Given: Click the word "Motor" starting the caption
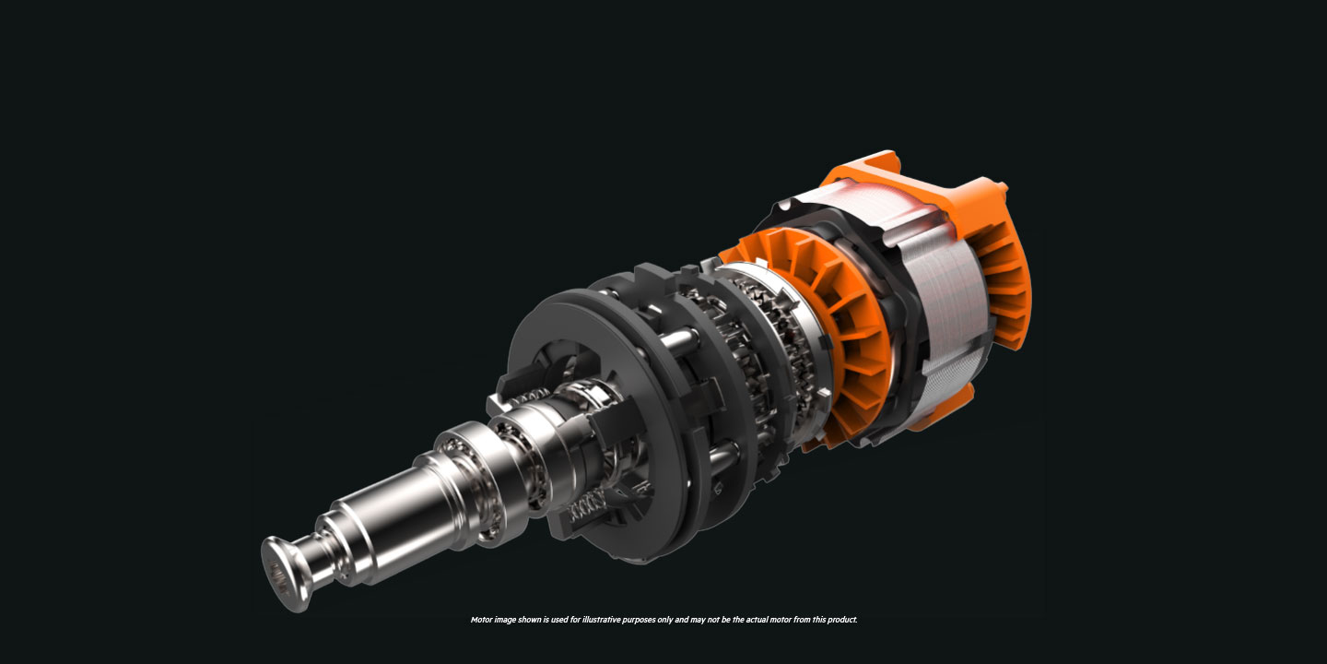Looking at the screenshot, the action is pos(481,620).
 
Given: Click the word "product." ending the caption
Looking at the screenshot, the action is pos(842,620).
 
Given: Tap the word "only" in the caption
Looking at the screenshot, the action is pos(664,620).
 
